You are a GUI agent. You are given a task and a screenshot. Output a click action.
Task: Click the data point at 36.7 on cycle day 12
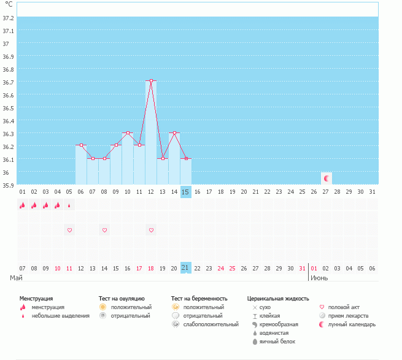[x=151, y=81]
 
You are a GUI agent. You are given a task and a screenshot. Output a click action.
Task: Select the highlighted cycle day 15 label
[x=185, y=192]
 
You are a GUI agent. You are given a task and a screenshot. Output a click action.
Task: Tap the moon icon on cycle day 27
[x=327, y=178]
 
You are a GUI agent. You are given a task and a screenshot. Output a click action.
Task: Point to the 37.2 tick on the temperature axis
[x=8, y=18]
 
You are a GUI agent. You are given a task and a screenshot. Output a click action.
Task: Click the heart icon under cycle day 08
[x=104, y=230]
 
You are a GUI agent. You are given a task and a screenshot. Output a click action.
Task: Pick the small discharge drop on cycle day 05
[x=69, y=205]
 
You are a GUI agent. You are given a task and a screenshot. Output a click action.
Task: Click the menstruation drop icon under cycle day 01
[x=22, y=205]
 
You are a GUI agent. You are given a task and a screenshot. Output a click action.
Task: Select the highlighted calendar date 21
[x=185, y=268]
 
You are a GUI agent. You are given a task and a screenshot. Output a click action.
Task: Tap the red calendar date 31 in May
[x=302, y=268]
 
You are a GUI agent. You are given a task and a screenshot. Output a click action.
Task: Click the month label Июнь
[x=319, y=278]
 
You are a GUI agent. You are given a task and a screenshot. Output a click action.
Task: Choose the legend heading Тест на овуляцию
[x=122, y=299]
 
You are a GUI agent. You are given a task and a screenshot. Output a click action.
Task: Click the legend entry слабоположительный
[x=211, y=324]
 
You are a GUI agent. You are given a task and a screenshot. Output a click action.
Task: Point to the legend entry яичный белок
[x=277, y=342]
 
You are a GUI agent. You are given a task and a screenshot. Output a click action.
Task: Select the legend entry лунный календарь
[x=352, y=324]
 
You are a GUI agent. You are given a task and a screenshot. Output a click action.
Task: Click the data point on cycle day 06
[x=81, y=145]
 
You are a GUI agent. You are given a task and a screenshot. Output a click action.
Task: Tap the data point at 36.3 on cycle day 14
[x=174, y=132]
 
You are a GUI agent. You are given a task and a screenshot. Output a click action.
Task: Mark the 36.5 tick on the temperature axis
[x=8, y=108]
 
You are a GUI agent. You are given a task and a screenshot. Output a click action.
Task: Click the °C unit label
[x=9, y=4]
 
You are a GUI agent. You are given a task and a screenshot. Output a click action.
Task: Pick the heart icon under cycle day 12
[x=151, y=230]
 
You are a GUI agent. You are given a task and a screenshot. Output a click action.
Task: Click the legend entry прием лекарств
[x=348, y=316]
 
